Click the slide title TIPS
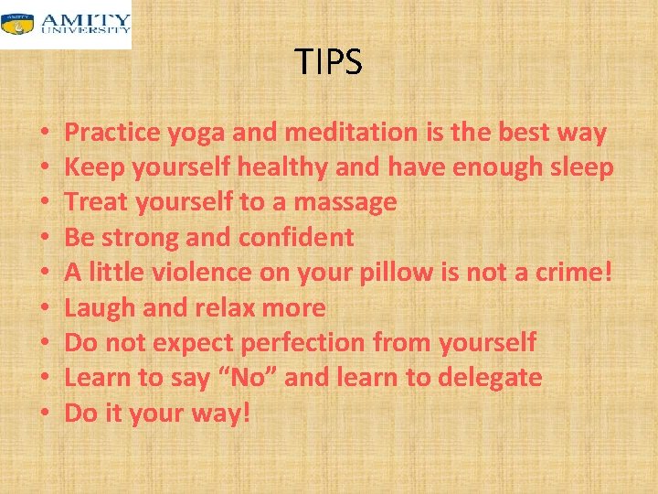[x=329, y=62]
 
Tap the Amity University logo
[x=66, y=24]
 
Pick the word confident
[x=296, y=237]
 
